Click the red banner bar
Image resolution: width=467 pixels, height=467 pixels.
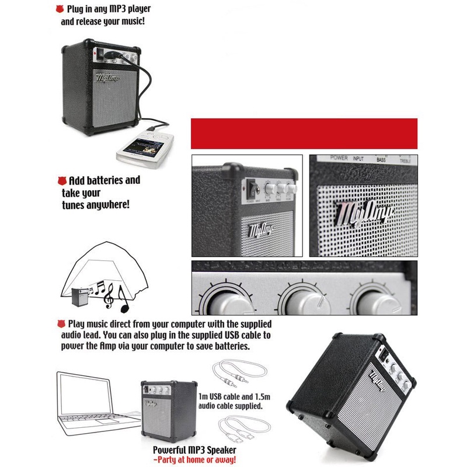[x=304, y=133]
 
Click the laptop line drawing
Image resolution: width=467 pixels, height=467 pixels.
[x=93, y=403]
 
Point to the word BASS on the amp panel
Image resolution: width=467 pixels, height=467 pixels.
[x=381, y=159]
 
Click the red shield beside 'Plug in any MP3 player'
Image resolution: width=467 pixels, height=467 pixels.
[x=58, y=9]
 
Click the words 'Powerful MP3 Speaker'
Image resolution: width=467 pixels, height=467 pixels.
[x=194, y=450]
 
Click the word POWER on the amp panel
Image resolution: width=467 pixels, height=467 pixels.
[x=339, y=158]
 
